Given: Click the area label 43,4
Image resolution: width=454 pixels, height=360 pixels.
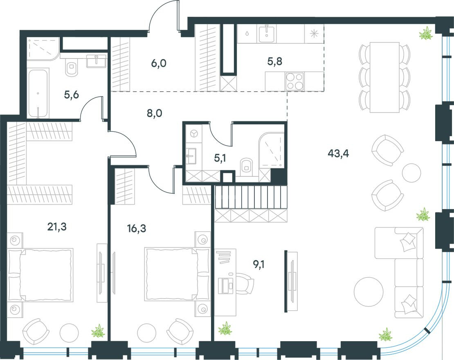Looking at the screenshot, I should click(338, 154).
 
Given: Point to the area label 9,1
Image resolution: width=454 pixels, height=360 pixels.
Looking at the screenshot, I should click(258, 265).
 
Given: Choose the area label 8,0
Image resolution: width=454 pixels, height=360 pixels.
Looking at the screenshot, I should click(155, 113).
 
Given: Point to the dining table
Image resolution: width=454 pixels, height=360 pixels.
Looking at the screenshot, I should click(384, 77).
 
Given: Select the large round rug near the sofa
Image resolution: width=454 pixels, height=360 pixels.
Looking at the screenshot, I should click(369, 292).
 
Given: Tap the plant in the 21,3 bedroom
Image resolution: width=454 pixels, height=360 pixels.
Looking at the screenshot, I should click(98, 331).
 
